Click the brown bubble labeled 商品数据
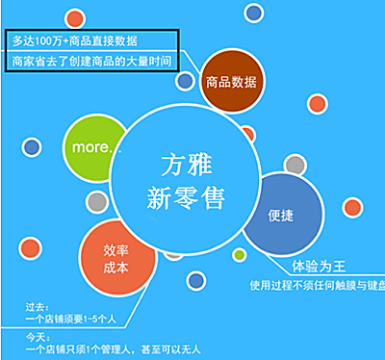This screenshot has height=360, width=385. [231, 81]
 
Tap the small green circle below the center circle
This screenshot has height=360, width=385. [239, 255]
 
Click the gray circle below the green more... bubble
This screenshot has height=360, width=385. [96, 202]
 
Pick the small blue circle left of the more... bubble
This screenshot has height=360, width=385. [31, 147]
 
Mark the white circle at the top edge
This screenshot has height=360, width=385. [254, 13]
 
